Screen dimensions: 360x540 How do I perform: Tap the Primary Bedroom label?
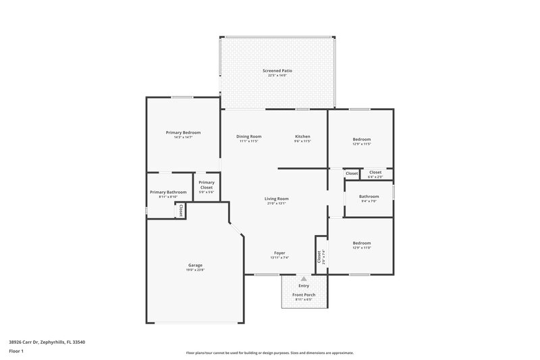click(184, 132)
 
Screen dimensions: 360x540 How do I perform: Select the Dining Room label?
click(249, 136)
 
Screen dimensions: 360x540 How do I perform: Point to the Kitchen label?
click(302, 136)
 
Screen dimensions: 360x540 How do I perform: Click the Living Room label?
click(276, 199)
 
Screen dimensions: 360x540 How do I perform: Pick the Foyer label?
click(279, 253)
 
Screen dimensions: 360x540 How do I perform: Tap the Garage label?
click(196, 265)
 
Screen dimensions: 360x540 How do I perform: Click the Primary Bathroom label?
click(168, 192)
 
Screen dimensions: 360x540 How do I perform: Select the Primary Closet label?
click(207, 184)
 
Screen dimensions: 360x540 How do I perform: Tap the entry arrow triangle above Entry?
click(304, 278)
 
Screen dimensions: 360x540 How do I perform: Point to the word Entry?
click(304, 286)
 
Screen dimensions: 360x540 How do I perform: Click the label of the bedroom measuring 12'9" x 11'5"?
click(362, 139)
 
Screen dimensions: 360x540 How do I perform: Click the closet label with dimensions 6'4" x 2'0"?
click(375, 172)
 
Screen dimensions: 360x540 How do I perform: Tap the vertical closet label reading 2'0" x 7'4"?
click(319, 257)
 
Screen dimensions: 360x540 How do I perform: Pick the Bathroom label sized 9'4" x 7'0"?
click(369, 197)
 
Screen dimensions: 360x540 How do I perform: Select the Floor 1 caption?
click(16, 351)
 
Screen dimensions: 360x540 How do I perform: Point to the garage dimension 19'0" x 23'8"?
click(196, 269)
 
